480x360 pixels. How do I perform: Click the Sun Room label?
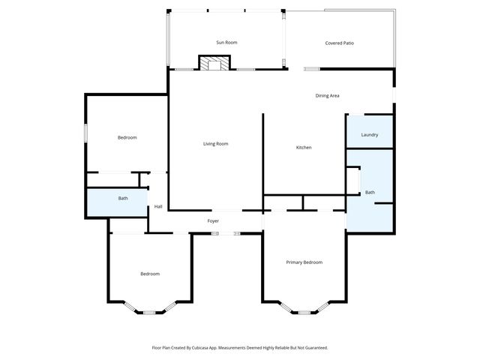pos(226,43)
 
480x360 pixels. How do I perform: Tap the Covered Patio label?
pos(339,43)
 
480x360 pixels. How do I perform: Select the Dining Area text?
pos(327,95)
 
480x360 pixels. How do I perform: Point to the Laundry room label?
pos(369,135)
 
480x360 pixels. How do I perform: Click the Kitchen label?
pos(303,147)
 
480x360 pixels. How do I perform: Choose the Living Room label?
pos(216,143)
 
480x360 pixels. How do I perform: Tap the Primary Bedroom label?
pos(304,262)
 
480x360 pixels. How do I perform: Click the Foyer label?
pos(213,221)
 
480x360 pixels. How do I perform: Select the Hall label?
pos(158,207)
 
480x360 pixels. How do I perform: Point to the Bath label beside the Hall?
pos(123,199)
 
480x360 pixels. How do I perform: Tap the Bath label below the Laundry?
pos(370,193)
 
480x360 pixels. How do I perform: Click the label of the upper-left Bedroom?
pos(127,137)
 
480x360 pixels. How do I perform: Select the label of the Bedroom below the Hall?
pos(150,274)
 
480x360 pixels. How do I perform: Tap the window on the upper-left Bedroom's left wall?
pos(85,132)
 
